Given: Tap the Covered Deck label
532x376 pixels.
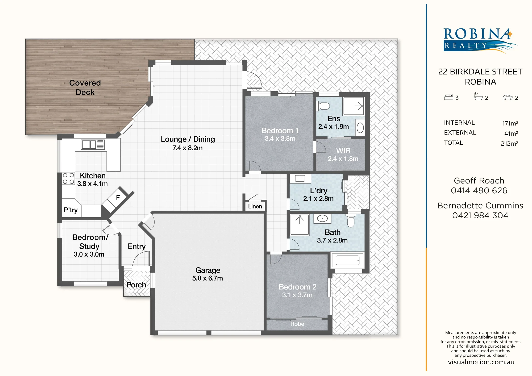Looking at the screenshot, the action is [85, 87].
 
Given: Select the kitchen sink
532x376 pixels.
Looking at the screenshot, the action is [93, 145].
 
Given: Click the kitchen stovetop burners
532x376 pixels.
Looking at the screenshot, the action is [68, 179].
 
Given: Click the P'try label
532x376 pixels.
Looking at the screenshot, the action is [70, 210].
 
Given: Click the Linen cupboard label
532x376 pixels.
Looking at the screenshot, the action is [255, 206].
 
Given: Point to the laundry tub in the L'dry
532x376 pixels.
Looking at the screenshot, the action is [300, 178].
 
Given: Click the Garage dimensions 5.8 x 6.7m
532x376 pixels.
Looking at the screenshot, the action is [207, 278].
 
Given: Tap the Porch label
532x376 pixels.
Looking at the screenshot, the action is [136, 285].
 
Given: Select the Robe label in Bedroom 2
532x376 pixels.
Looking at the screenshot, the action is [297, 324].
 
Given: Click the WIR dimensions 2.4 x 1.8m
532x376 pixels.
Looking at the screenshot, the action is [343, 159].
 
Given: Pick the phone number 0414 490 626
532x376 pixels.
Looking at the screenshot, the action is [479, 190].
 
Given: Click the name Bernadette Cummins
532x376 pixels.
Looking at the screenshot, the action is [480, 206].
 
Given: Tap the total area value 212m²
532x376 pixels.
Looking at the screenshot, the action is [509, 144].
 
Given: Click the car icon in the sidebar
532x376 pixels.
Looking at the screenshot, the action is [508, 97].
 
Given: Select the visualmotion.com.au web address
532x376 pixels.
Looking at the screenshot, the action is [481, 362].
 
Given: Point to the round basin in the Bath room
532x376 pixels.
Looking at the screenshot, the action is [322, 219].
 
